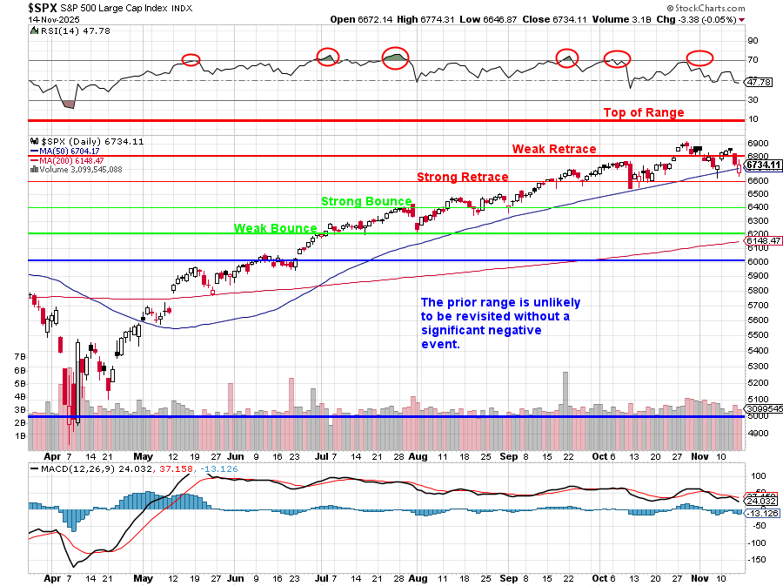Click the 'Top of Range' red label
click(x=644, y=112)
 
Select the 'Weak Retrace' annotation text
click(x=554, y=149)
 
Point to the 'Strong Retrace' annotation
click(x=462, y=177)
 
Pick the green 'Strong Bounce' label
click(x=365, y=201)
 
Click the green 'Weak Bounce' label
click(x=275, y=228)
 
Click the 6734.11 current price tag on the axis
click(x=763, y=165)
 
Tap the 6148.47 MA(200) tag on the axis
click(x=763, y=241)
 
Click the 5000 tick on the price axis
click(x=756, y=416)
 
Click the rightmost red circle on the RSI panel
click(x=700, y=58)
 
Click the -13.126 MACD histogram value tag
click(x=763, y=513)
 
